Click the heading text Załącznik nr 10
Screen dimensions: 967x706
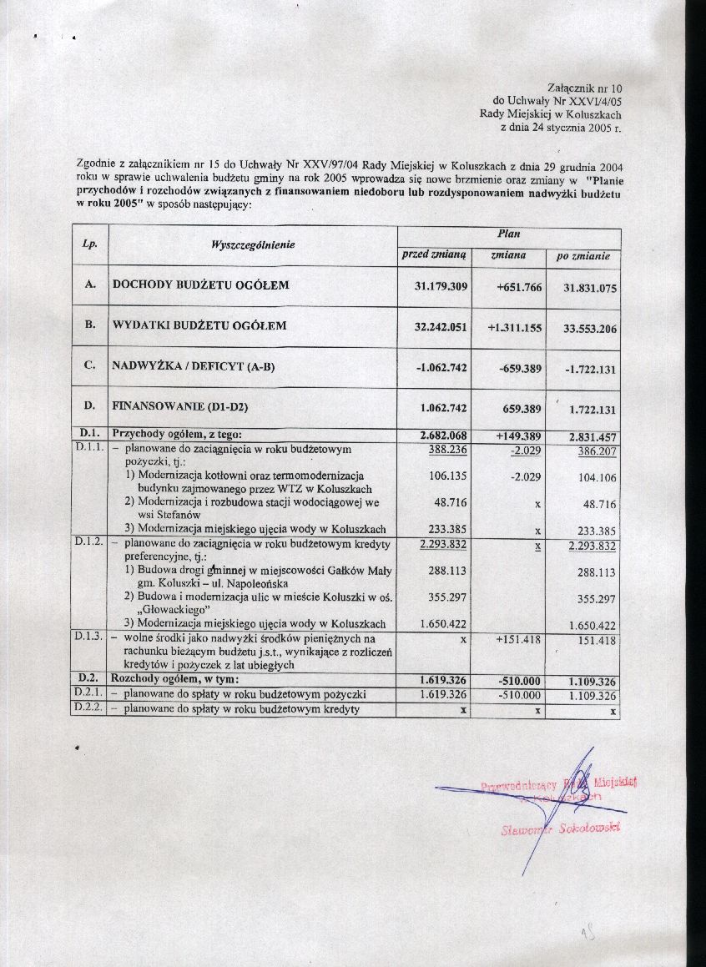585,87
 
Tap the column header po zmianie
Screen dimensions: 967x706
583,256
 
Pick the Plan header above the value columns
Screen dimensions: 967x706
508,235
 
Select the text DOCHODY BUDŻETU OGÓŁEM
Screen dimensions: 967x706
201,285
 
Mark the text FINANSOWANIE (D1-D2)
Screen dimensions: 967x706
181,407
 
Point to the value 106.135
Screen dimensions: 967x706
449,476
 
